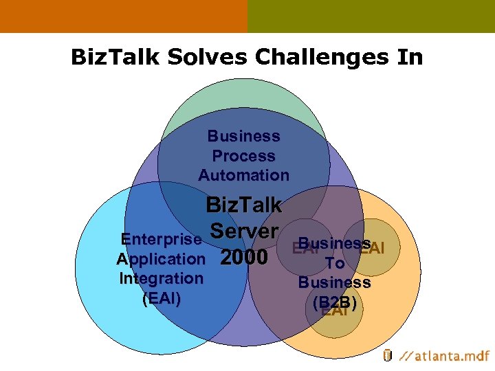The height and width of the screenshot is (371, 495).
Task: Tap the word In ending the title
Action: pos(409,57)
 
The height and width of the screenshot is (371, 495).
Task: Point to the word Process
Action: pos(243,156)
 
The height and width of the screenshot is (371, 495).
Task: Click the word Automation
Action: pos(243,175)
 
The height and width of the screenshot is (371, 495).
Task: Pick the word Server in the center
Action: pos(245,231)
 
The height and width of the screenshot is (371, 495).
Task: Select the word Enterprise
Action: pos(161,240)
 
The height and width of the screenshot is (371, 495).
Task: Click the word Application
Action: pos(161,259)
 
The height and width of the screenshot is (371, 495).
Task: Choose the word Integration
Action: pos(161,278)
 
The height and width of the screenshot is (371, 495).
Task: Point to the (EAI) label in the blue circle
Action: pos(161,298)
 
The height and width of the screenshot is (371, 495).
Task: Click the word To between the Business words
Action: pos(335,263)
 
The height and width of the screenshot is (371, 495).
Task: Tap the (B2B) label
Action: pos(335,302)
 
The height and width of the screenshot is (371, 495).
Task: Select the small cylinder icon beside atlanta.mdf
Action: pos(387,355)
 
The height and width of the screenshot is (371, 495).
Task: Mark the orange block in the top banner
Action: pos(124,16)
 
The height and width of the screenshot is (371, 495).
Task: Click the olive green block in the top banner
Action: pos(371,16)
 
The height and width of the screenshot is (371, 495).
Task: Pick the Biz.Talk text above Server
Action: pos(243,205)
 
